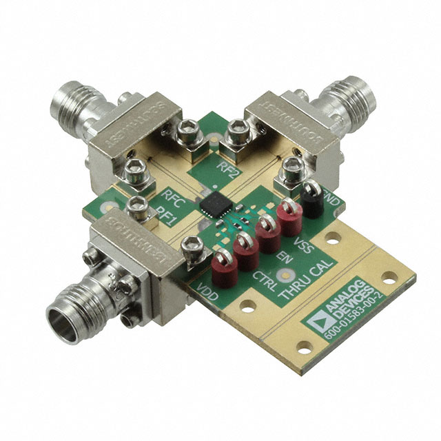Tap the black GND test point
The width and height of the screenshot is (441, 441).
coord(311,200)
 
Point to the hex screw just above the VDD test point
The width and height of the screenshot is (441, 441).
coord(189,245)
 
